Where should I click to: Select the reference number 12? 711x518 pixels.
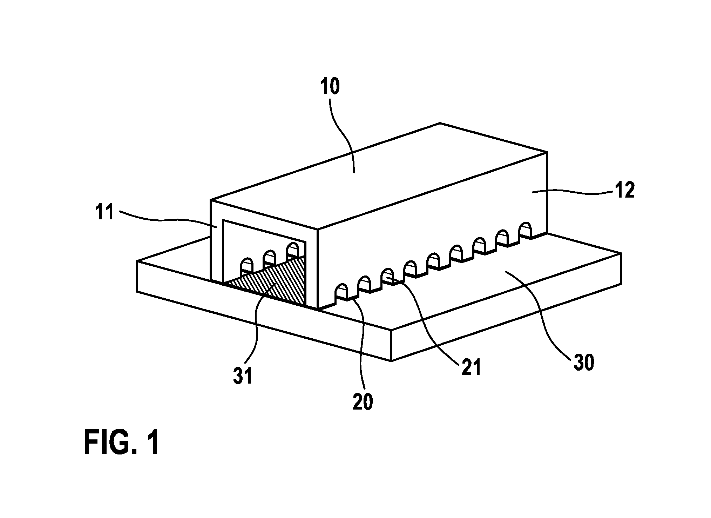[x=624, y=191]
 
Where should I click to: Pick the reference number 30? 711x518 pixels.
[x=584, y=363]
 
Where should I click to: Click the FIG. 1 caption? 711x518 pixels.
[x=122, y=443]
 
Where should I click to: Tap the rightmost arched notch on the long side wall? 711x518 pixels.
[x=525, y=230]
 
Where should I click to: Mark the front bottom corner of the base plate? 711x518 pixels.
[x=391, y=361]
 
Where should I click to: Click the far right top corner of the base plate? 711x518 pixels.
[x=621, y=253]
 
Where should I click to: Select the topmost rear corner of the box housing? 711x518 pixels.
[x=440, y=123]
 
